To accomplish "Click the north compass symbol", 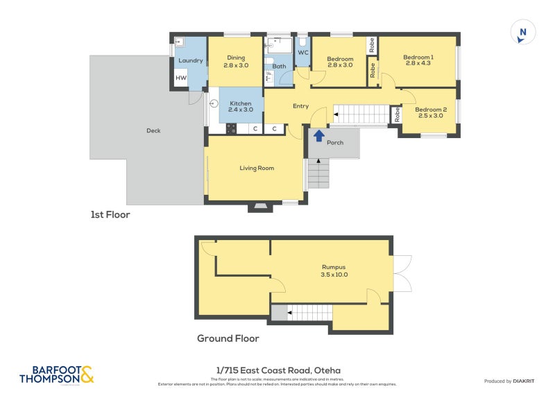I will coord(523,33).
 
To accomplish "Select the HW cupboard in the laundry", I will coord(180,78).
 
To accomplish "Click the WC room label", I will coord(303,53).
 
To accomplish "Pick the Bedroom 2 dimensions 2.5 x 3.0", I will coord(430,117).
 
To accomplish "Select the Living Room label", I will coord(257,168).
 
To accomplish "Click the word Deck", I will coord(153,130).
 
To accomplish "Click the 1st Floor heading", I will coord(110,215).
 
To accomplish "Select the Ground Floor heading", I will coord(228,338).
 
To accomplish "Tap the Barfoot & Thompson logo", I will coord(56,375).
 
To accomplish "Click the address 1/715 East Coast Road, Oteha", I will coord(277,370).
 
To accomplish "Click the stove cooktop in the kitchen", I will coord(231,128).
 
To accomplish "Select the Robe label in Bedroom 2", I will coord(397,115).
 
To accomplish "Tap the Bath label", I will coord(279,67).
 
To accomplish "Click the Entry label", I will coord(300,106).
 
